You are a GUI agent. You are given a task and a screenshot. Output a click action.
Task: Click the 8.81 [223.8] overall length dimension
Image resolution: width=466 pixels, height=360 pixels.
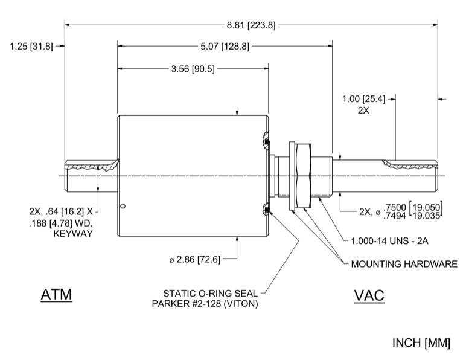click(x=251, y=25)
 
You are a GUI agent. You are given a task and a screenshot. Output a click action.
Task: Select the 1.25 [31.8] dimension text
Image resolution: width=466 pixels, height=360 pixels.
click(x=31, y=45)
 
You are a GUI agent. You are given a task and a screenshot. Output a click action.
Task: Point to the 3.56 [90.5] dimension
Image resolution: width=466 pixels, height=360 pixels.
click(x=193, y=69)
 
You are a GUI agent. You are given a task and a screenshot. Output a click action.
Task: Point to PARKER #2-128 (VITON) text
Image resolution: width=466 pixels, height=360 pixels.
click(x=205, y=304)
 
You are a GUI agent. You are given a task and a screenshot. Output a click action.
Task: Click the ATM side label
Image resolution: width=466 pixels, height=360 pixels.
click(x=56, y=295)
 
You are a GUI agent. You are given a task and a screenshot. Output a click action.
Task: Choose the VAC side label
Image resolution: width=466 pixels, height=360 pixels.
click(x=369, y=295)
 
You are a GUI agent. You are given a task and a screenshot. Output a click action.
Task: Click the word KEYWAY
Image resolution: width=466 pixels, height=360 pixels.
click(x=73, y=233)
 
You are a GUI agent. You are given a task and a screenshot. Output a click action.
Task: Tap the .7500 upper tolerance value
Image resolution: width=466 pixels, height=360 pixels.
click(x=391, y=207)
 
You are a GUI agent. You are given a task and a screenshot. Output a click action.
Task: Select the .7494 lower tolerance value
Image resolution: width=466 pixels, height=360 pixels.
click(x=391, y=216)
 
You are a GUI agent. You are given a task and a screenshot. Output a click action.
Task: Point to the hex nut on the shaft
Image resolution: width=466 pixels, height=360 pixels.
click(x=302, y=176)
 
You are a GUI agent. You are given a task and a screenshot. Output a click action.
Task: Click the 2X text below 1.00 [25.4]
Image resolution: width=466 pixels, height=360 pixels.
click(x=363, y=111)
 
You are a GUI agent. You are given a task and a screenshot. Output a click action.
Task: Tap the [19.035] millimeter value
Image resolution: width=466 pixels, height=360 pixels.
click(x=426, y=216)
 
